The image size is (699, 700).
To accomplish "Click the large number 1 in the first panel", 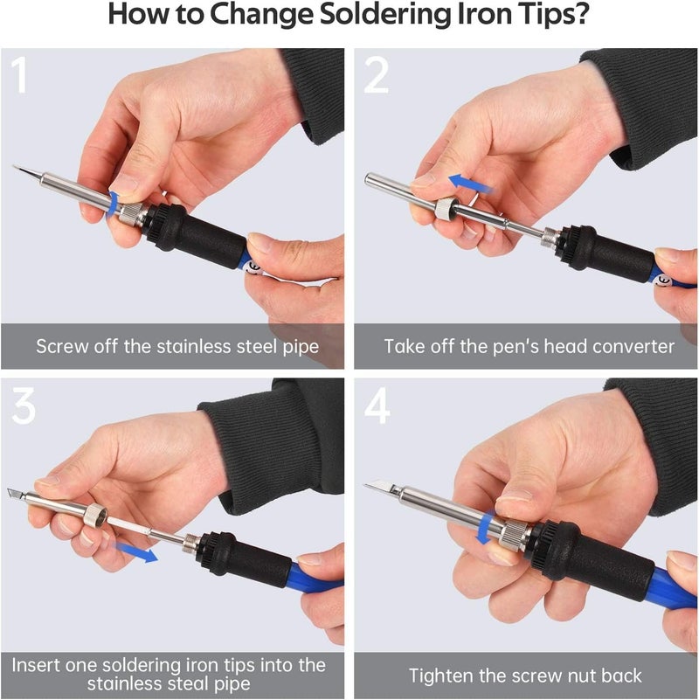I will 19,77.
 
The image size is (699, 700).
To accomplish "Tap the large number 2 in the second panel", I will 376,77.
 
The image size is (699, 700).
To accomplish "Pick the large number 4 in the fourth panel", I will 377,408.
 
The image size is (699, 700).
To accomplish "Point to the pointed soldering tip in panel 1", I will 26,170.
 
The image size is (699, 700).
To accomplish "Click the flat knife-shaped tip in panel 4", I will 381,486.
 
